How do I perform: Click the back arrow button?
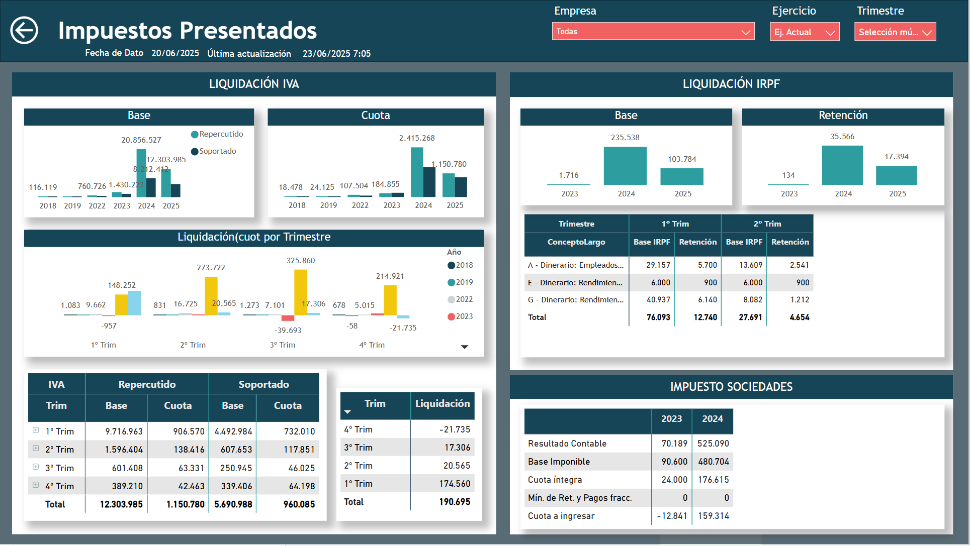[x=24, y=30]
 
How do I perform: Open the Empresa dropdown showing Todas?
[x=653, y=32]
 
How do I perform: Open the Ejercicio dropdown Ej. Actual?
[x=804, y=32]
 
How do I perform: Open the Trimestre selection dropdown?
[x=895, y=32]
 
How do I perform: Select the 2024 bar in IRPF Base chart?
[x=625, y=166]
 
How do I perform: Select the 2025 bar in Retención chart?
[x=896, y=175]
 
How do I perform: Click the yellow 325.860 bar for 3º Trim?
[x=301, y=292]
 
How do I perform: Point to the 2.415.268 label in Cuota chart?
[x=417, y=138]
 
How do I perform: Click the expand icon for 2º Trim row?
[x=36, y=449]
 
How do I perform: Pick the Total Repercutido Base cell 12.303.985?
[x=121, y=504]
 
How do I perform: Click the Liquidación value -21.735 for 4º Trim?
[x=455, y=429]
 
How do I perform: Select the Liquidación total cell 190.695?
[x=455, y=502]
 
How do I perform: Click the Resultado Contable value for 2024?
[x=713, y=444]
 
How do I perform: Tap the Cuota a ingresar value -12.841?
[x=672, y=516]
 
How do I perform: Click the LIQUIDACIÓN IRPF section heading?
[x=731, y=84]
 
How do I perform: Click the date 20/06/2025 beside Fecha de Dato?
[x=175, y=53]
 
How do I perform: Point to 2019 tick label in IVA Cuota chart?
[x=328, y=205]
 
